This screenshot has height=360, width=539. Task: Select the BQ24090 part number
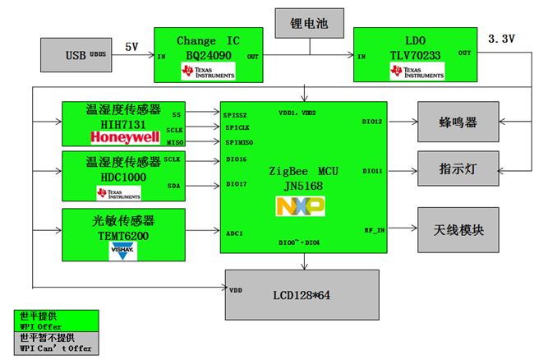tap(209, 56)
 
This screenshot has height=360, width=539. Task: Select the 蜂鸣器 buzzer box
tap(458, 122)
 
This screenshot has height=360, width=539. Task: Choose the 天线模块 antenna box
tap(458, 231)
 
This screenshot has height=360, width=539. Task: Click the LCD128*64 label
tap(301, 294)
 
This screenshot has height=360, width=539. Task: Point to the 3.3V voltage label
tap(501, 39)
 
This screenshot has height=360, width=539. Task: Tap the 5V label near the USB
tap(132, 47)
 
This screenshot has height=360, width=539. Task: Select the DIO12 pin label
tap(373, 121)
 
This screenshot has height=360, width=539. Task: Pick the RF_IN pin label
tap(374, 231)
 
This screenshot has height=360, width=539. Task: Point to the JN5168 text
tap(301, 187)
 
